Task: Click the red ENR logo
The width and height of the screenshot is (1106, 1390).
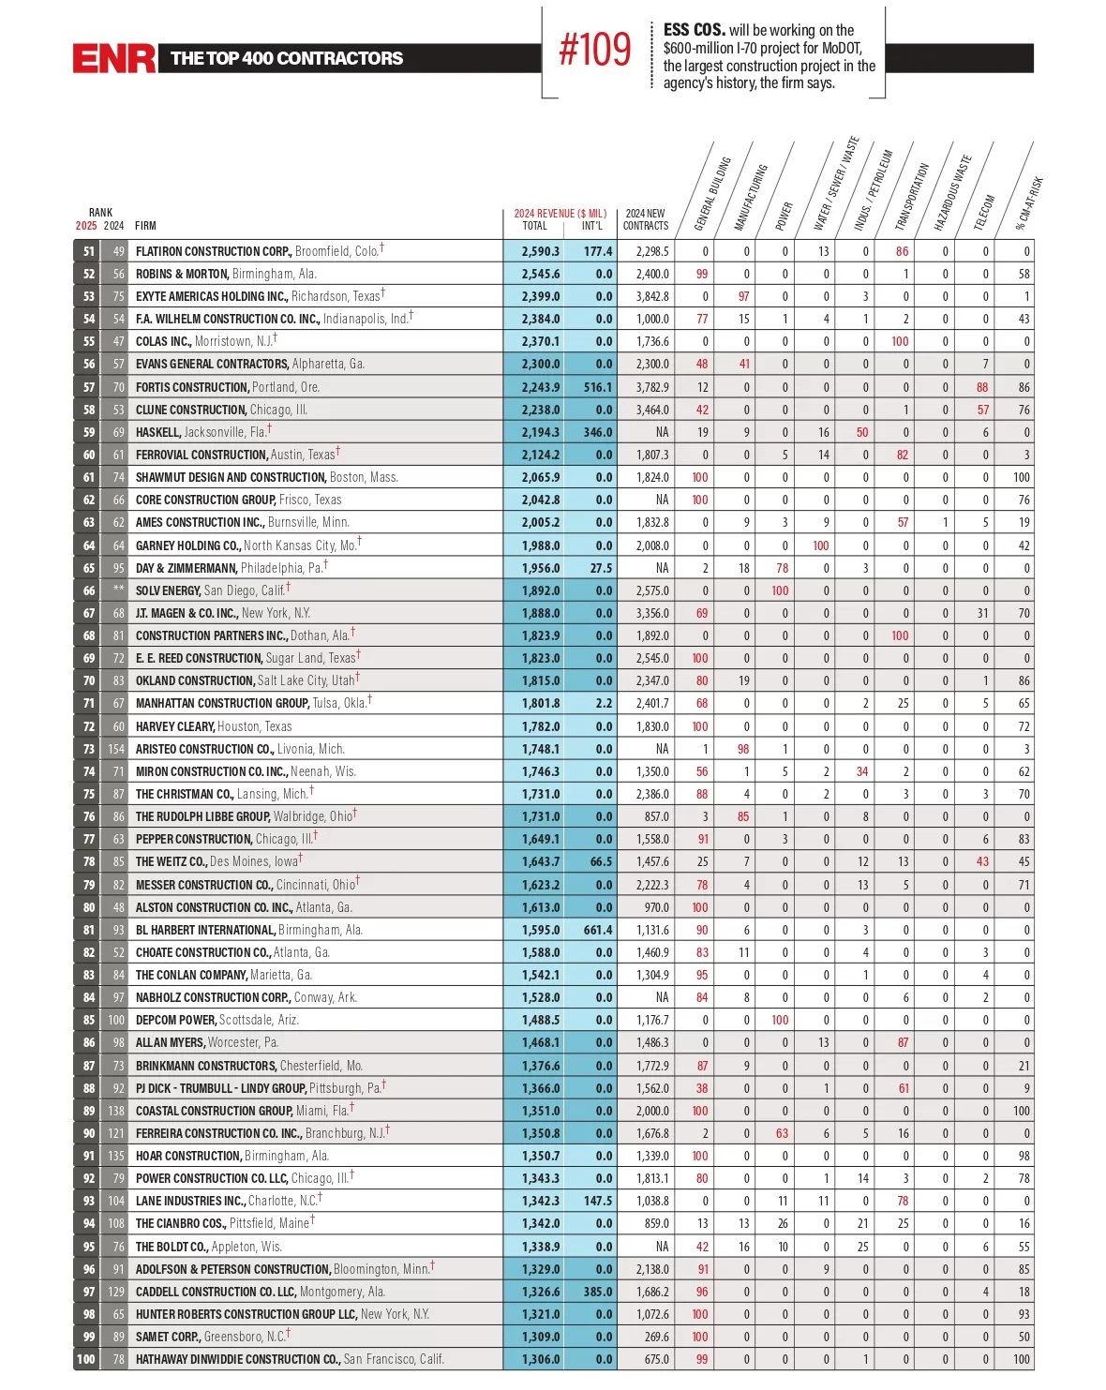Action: click(113, 58)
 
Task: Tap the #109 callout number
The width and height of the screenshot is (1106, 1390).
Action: click(594, 50)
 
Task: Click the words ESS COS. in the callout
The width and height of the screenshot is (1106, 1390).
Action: click(694, 30)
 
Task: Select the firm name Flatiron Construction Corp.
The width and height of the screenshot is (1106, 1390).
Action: click(213, 251)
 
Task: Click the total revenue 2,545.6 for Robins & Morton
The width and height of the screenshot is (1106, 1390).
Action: click(541, 274)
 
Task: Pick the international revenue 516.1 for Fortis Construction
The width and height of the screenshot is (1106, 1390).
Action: click(597, 387)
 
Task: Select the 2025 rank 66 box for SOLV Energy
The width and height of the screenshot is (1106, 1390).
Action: click(87, 590)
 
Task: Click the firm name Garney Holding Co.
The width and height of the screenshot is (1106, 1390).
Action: click(188, 546)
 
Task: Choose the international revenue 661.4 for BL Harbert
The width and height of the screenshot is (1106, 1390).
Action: click(597, 930)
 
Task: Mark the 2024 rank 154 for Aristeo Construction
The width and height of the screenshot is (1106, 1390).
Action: click(115, 749)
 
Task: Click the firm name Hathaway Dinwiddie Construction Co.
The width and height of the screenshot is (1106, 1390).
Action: click(238, 1359)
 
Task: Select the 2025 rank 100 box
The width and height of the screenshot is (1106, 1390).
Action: click(86, 1359)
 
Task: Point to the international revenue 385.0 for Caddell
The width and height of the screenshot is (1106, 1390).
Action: click(597, 1292)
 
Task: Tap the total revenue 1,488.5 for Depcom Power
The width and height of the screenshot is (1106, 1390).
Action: click(541, 1020)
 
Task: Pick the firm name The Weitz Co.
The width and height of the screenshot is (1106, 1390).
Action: click(172, 861)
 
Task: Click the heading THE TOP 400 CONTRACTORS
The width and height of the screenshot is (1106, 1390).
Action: click(287, 58)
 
